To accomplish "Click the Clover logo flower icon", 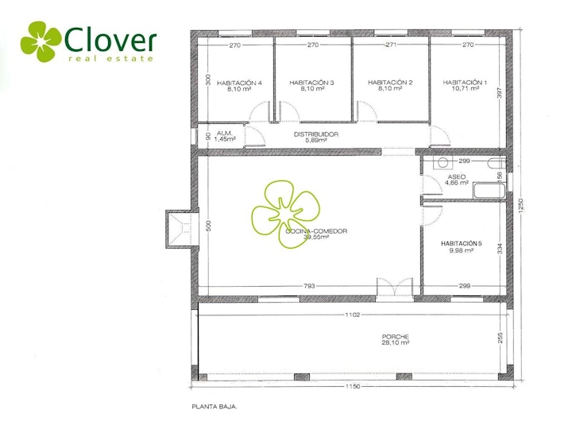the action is click(x=41, y=41).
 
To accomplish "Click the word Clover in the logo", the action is click(x=110, y=40).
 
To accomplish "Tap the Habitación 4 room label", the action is click(x=239, y=83).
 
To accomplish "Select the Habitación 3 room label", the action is click(x=311, y=83).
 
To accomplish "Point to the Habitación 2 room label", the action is click(x=390, y=83).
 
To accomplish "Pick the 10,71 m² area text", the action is click(x=465, y=88).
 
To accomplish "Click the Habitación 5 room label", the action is click(x=462, y=243).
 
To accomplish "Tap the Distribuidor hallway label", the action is click(x=316, y=134).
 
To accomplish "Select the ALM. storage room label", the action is click(x=224, y=133).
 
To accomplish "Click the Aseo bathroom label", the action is click(x=457, y=177).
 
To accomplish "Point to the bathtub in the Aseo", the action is click(x=489, y=191).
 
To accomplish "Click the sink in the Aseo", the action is click(x=443, y=162).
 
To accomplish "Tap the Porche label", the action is click(x=396, y=337).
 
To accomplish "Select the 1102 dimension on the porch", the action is click(x=353, y=315).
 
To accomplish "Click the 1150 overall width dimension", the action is click(x=353, y=386).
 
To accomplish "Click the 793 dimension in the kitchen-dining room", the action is click(x=309, y=286).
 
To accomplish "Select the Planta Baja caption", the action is click(x=214, y=407).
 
